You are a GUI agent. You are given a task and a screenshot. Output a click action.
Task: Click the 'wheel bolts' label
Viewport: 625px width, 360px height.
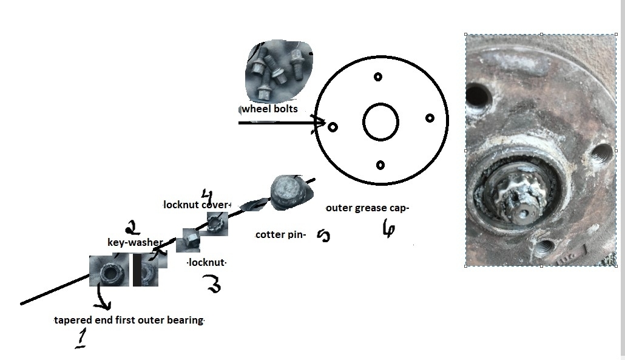270,109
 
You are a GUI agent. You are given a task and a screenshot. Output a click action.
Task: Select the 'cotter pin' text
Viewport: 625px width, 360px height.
280,234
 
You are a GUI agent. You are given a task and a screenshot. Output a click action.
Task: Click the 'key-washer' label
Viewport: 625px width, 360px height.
135,243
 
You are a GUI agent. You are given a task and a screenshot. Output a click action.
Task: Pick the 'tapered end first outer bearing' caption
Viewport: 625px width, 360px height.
129,320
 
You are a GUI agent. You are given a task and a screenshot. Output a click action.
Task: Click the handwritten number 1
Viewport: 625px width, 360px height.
80,338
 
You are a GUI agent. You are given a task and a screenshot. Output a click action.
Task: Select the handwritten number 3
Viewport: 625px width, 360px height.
213,284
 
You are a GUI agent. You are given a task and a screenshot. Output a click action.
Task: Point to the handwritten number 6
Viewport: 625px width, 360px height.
388,229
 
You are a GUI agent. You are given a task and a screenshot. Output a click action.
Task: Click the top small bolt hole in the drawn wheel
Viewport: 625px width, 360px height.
378,76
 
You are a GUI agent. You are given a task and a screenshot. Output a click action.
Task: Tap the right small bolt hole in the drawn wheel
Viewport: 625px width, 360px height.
430,118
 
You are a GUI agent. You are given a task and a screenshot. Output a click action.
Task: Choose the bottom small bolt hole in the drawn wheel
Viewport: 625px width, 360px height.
380,165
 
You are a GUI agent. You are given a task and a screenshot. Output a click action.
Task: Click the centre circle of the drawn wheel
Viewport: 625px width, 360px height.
380,121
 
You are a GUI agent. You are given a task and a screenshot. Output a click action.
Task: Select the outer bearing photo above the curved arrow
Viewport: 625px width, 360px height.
109,271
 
